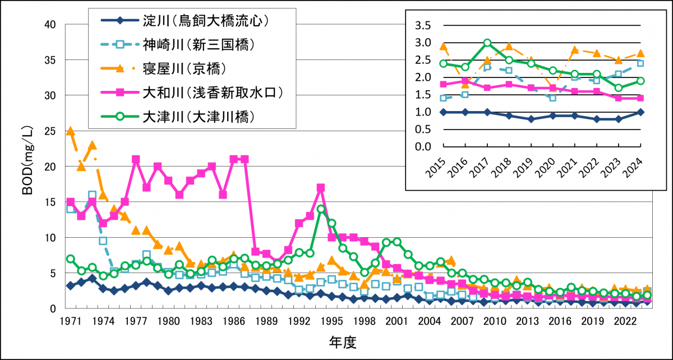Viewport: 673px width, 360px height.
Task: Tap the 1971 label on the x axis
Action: click(x=70, y=321)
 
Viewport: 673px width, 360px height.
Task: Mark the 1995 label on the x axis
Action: click(x=331, y=321)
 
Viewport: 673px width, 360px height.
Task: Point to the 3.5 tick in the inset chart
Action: click(x=423, y=26)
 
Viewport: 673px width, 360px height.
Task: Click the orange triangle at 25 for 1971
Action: click(x=70, y=131)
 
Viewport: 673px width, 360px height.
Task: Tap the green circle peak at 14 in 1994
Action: click(x=321, y=209)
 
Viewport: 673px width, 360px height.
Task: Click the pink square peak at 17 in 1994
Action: click(x=321, y=188)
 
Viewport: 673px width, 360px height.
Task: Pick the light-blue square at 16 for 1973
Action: click(x=92, y=195)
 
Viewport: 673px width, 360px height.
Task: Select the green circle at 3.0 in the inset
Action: click(x=487, y=43)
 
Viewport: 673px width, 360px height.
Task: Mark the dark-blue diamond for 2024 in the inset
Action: click(x=640, y=112)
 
